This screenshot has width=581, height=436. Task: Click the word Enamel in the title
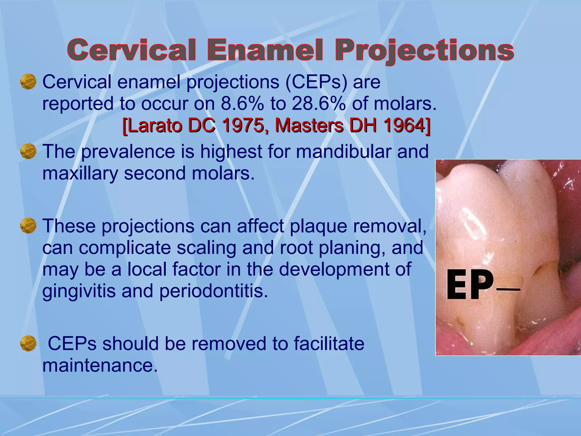tap(265, 50)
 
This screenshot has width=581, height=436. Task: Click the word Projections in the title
tap(424, 50)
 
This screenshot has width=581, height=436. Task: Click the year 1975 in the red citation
tap(243, 125)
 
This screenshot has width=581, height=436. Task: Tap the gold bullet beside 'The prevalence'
tap(28, 151)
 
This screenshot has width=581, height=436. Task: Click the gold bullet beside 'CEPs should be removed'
tap(28, 343)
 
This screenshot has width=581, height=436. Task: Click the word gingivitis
tap(79, 291)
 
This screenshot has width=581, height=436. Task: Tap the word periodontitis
tap(214, 291)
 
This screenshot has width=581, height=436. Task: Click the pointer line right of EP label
tap(508, 290)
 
